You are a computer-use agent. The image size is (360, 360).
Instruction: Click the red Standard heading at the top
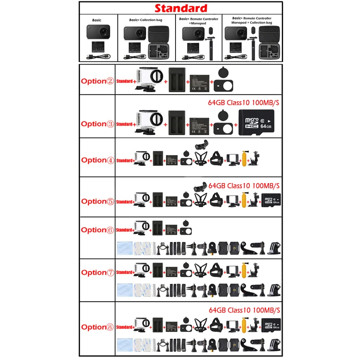click(180, 8)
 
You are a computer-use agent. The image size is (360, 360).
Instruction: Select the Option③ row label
click(97, 124)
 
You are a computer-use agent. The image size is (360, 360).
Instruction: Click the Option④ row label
click(97, 160)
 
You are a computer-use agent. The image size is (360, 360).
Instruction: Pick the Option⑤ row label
click(97, 201)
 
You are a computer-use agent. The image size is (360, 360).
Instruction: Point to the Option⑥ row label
click(97, 230)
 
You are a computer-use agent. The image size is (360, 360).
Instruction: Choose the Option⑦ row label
click(97, 272)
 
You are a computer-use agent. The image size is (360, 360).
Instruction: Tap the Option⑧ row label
click(97, 327)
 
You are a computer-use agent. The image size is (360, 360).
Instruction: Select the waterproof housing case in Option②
click(148, 80)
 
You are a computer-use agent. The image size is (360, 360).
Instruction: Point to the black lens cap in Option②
click(222, 80)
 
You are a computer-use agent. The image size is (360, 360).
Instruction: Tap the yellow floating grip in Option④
click(244, 160)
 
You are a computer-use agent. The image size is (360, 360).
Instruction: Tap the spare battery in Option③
click(199, 124)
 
